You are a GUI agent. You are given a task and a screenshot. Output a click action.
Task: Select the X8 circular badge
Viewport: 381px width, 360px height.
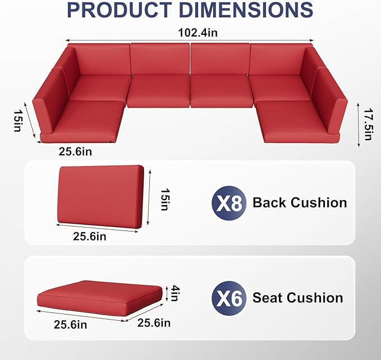click(x=228, y=203)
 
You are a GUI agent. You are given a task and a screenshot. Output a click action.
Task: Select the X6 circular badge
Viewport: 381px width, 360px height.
click(x=228, y=298)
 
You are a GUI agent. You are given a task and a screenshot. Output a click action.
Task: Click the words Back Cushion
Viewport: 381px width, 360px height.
click(x=300, y=203)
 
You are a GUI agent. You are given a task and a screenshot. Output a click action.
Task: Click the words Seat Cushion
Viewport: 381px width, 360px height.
click(x=297, y=298)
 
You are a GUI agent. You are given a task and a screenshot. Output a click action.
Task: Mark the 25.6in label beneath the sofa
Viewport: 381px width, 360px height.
click(x=76, y=151)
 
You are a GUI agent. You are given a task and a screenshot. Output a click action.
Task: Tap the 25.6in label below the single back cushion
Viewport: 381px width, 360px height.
click(x=90, y=237)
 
